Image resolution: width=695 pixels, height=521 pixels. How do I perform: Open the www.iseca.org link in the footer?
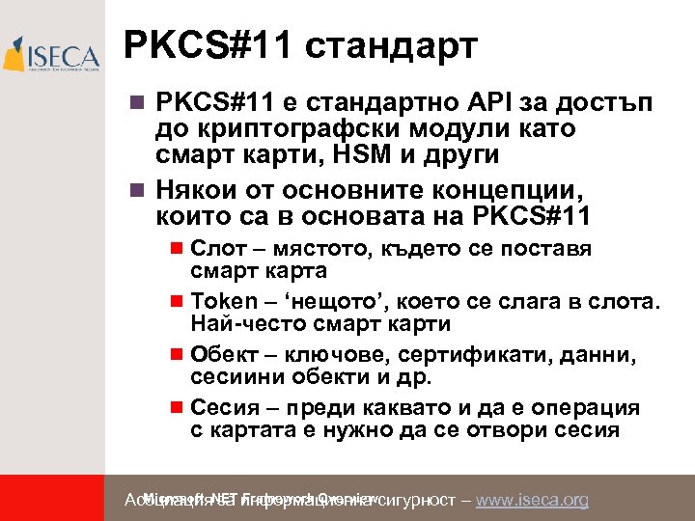coord(533,500)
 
